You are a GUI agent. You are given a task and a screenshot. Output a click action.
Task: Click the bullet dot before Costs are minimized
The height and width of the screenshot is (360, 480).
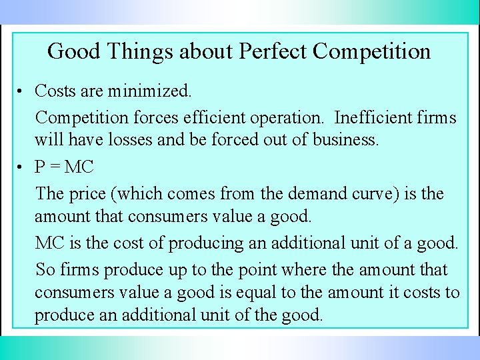pyautogui.click(x=22, y=91)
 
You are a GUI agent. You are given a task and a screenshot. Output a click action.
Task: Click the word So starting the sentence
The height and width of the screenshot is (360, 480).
pyautogui.click(x=45, y=270)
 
